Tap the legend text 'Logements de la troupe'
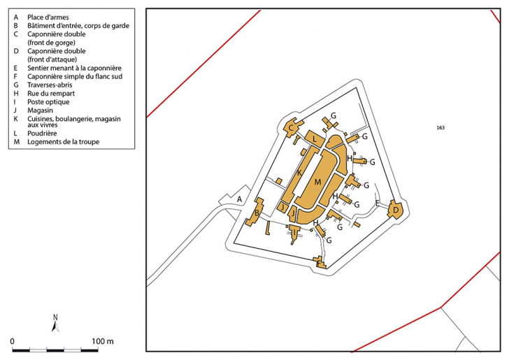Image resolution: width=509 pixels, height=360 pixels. (63, 142)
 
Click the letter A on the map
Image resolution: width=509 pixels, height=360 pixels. (239, 199)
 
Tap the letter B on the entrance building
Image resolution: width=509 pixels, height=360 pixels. (257, 213)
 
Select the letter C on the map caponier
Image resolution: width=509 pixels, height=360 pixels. (290, 127)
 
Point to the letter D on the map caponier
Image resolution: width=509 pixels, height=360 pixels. (396, 209)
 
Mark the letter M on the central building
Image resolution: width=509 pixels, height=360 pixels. (317, 182)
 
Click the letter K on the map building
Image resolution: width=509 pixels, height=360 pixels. (299, 172)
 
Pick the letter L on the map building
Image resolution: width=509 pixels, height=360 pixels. (315, 141)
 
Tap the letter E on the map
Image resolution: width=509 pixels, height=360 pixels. (377, 203)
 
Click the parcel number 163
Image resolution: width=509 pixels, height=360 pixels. (440, 128)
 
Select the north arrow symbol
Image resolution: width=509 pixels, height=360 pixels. (55, 322)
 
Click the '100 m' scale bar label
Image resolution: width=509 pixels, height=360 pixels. (103, 341)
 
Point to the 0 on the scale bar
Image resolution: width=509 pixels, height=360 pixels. (13, 341)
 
